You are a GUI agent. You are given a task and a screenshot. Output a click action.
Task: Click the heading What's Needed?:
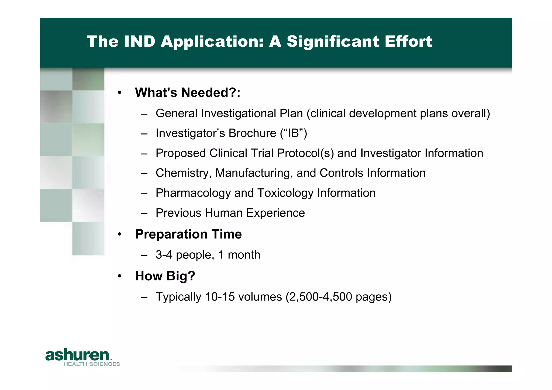188,92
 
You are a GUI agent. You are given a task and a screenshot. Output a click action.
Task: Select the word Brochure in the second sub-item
252,133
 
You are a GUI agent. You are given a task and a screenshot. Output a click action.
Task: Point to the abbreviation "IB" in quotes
294,133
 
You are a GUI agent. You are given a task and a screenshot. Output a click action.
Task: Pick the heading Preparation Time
188,234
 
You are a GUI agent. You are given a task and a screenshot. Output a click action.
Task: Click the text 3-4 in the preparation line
164,255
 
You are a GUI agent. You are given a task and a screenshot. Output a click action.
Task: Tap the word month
244,255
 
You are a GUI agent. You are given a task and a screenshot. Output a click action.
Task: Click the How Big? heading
165,276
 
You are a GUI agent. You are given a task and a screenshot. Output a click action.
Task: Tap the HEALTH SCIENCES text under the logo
92,364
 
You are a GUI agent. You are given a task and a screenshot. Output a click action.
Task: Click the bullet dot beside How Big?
120,276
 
